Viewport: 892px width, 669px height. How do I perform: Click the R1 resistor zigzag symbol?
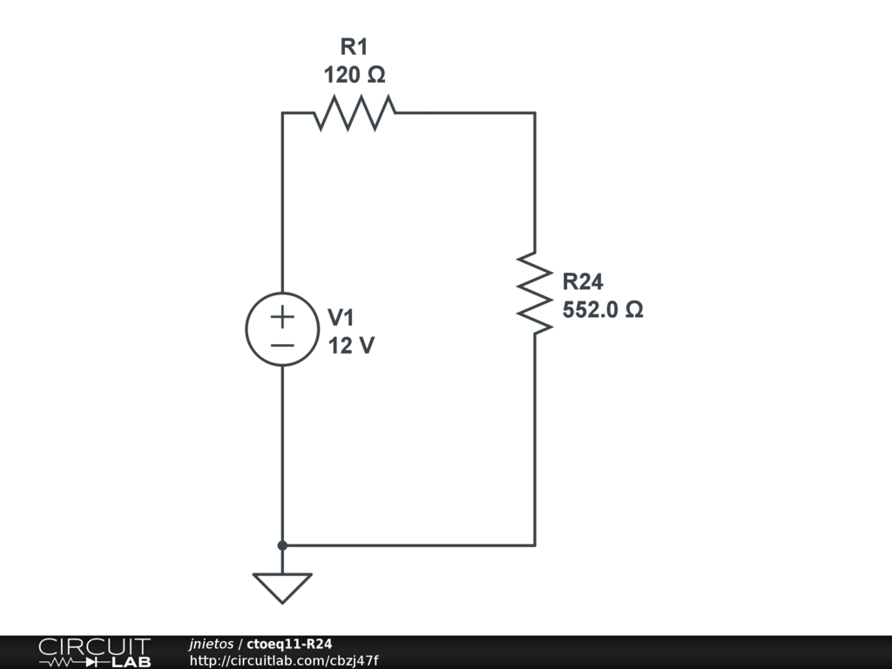(x=355, y=112)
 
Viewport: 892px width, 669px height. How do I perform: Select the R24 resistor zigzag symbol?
(x=534, y=293)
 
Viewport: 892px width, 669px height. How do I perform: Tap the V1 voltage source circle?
(x=282, y=329)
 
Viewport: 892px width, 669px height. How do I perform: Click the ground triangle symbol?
(x=282, y=587)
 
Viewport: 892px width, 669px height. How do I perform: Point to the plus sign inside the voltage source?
(x=282, y=316)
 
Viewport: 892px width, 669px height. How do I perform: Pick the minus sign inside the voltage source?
(x=282, y=345)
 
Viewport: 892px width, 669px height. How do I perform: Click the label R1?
(x=355, y=47)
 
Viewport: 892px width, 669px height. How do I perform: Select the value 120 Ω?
(x=355, y=76)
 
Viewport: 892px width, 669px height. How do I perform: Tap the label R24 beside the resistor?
(x=583, y=281)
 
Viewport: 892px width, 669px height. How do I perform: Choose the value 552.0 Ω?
(x=603, y=309)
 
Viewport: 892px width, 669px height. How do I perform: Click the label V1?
(x=341, y=317)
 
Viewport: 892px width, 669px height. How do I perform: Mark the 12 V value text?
(x=351, y=346)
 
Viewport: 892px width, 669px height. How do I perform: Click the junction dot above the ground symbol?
(x=282, y=545)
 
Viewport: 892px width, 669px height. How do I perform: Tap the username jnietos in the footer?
(x=211, y=644)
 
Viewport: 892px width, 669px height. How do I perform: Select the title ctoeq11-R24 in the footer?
(x=289, y=644)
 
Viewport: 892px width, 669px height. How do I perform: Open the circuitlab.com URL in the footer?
(x=284, y=660)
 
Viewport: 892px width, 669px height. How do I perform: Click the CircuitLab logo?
(x=94, y=652)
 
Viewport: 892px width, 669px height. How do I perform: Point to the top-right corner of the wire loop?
(x=534, y=112)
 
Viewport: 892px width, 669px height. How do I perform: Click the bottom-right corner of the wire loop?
(x=534, y=545)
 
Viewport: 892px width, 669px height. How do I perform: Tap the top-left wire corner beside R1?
(x=282, y=112)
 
